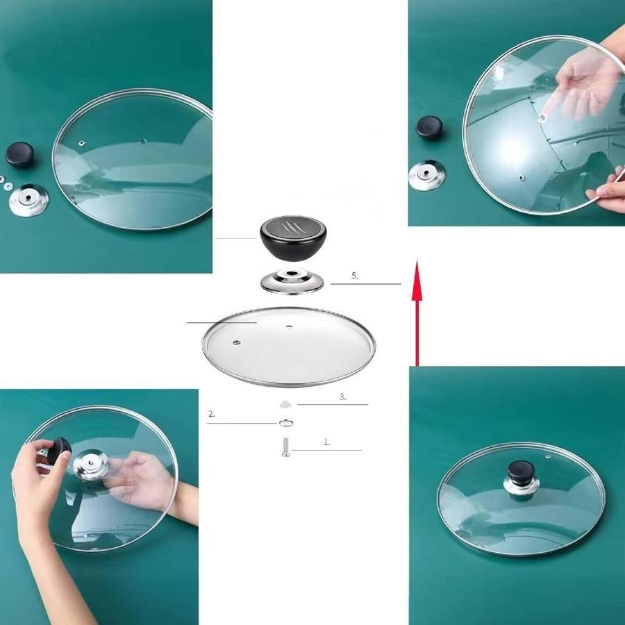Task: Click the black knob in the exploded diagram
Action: point(293,238)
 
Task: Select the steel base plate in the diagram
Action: point(292,281)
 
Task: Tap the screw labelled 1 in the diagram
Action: point(286,447)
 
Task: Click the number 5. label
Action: point(355,276)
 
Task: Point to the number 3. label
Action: point(343,397)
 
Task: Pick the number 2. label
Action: point(212,414)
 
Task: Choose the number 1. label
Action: point(327,442)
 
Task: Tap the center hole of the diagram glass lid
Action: point(289,326)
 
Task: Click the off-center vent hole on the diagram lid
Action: point(237,342)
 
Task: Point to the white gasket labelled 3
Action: point(285,405)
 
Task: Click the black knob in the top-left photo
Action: point(19,154)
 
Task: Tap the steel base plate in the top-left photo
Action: point(28,200)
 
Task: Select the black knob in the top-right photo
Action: point(429,128)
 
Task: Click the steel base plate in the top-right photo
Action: point(427,175)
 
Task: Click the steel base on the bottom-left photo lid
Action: point(91,465)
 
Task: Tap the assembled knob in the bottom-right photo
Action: point(521,478)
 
